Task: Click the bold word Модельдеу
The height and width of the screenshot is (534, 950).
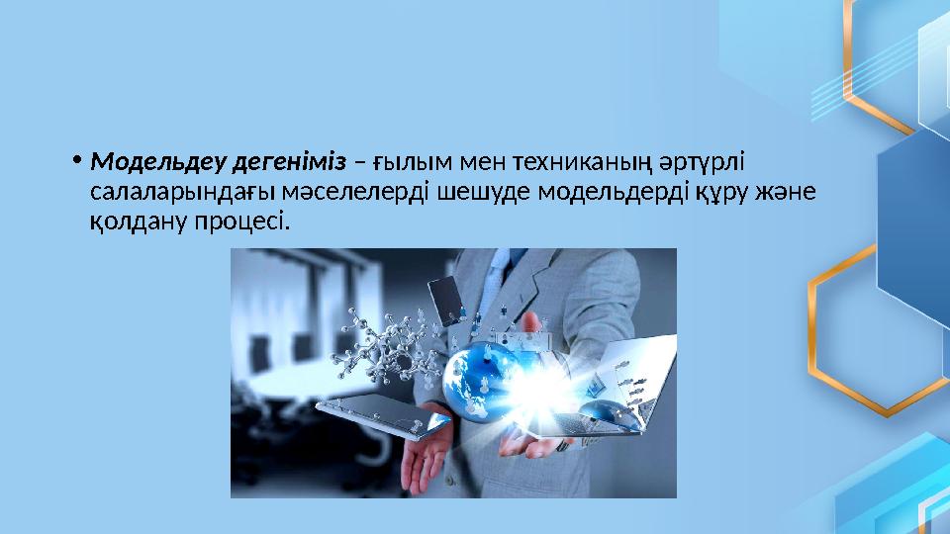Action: (x=158, y=162)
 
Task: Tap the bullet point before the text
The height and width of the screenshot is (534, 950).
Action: (x=76, y=161)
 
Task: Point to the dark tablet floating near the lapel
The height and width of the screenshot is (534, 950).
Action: (x=447, y=301)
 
